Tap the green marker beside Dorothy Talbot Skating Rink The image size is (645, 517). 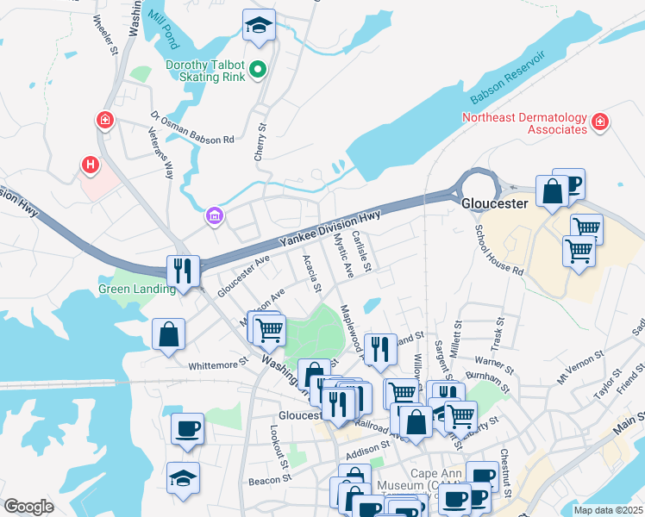pyautogui.click(x=257, y=70)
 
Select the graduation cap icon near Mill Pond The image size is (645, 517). pyautogui.click(x=257, y=27)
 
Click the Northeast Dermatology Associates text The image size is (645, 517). pyautogui.click(x=523, y=123)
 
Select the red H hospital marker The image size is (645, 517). pyautogui.click(x=89, y=163)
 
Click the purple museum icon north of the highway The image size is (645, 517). pyautogui.click(x=213, y=215)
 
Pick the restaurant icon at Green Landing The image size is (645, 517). pyautogui.click(x=185, y=270)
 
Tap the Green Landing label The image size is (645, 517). pyautogui.click(x=137, y=289)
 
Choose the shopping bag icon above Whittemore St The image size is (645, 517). pyautogui.click(x=169, y=334)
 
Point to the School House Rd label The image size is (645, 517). pyautogui.click(x=500, y=251)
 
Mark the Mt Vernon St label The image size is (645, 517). pyautogui.click(x=577, y=377)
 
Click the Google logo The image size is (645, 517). pyautogui.click(x=28, y=507)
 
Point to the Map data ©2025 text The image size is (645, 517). pyautogui.click(x=608, y=510)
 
